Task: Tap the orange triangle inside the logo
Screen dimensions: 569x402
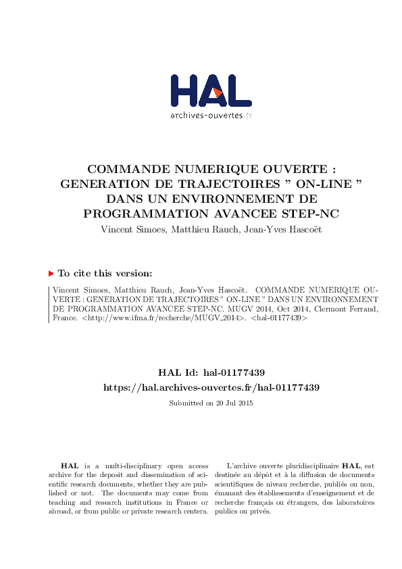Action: click(x=218, y=93)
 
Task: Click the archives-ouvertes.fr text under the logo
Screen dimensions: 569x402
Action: click(x=211, y=115)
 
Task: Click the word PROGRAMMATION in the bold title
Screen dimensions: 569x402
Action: click(x=143, y=213)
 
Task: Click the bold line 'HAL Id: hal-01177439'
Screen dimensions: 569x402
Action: click(x=211, y=372)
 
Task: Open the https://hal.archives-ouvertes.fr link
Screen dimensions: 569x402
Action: click(x=211, y=387)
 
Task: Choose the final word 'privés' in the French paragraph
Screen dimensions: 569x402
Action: click(x=259, y=511)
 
